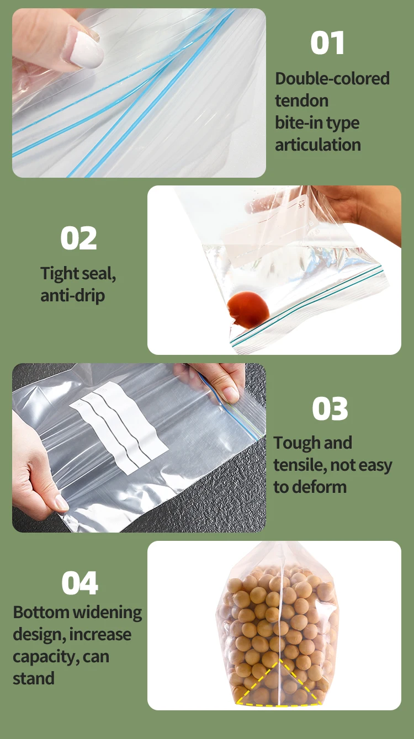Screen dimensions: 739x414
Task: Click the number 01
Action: coord(327,43)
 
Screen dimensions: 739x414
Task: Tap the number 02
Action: coord(78,238)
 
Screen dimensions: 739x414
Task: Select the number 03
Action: coord(330,409)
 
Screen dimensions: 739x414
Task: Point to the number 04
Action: coord(79,583)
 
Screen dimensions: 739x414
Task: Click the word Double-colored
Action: coord(332,78)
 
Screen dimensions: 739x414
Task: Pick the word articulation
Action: coord(318,145)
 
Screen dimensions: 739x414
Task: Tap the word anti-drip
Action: coord(72,295)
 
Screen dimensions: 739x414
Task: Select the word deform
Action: coord(320,487)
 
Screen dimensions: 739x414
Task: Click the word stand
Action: coord(34,678)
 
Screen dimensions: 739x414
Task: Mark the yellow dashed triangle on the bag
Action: coord(279,684)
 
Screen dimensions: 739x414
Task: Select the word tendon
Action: coord(301,100)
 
